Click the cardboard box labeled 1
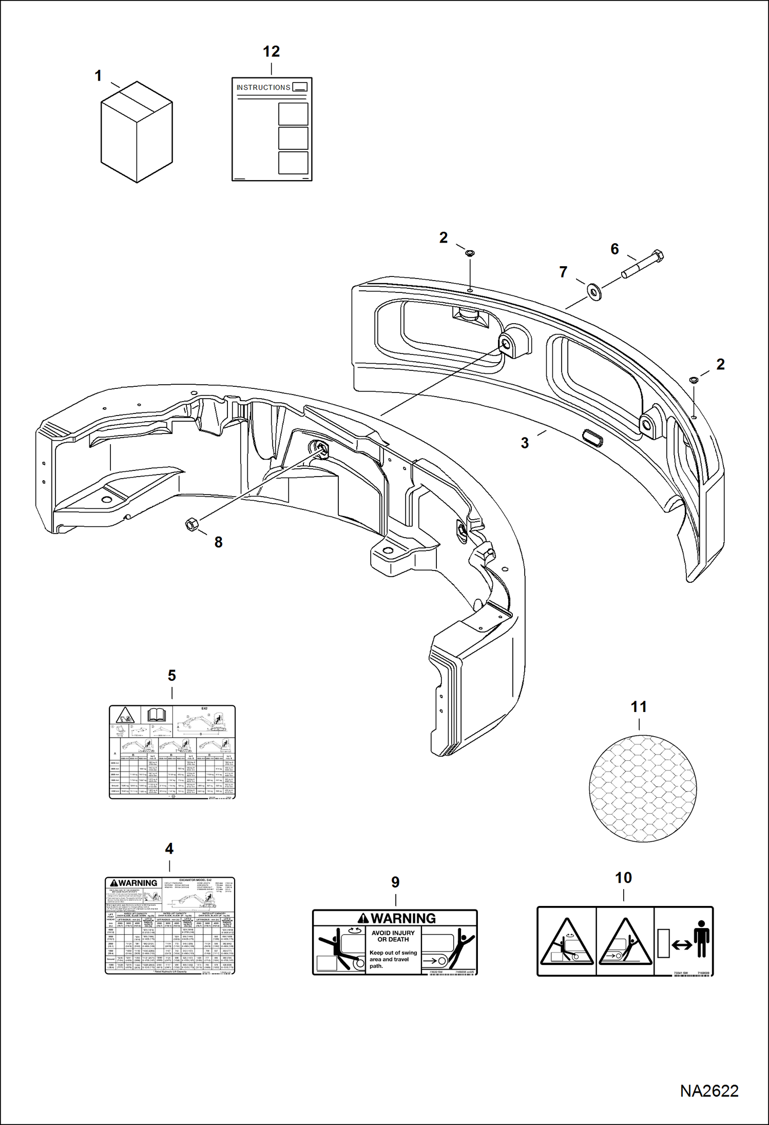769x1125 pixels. pyautogui.click(x=136, y=132)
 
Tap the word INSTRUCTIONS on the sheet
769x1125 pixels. pyautogui.click(x=263, y=88)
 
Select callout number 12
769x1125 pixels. pyautogui.click(x=271, y=51)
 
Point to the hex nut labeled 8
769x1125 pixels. pyautogui.click(x=191, y=524)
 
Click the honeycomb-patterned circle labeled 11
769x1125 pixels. pyautogui.click(x=643, y=788)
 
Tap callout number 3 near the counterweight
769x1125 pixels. pyautogui.click(x=525, y=443)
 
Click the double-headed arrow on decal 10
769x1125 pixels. pyautogui.click(x=682, y=944)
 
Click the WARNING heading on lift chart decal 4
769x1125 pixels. pyautogui.click(x=134, y=883)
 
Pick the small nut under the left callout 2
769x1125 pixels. pyautogui.click(x=470, y=253)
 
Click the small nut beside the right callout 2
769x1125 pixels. pyautogui.click(x=693, y=380)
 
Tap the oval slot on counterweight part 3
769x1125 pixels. pyautogui.click(x=592, y=439)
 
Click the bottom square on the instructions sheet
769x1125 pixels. pyautogui.click(x=293, y=163)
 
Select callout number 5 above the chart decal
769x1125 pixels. pyautogui.click(x=172, y=676)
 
